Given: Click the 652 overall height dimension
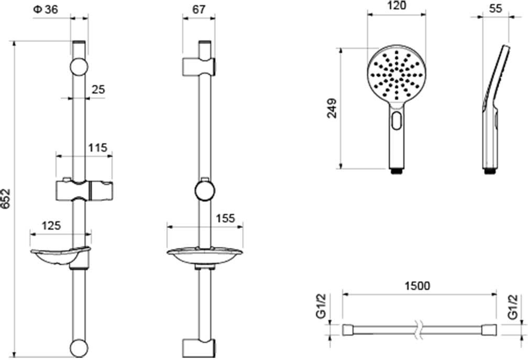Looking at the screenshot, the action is (x=6, y=199).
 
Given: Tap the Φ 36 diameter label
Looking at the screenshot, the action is (x=46, y=9).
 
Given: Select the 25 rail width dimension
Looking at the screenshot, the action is (x=98, y=90).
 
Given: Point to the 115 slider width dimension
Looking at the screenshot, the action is (x=97, y=147).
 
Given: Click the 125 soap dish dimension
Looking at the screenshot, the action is (x=51, y=225).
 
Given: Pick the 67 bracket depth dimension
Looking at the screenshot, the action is (x=199, y=9).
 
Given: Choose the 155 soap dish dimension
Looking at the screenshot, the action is (x=225, y=218).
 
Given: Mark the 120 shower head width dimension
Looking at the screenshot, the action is (x=397, y=5).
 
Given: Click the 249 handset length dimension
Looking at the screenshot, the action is (x=332, y=108).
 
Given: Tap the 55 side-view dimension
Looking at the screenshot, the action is (x=496, y=8).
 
